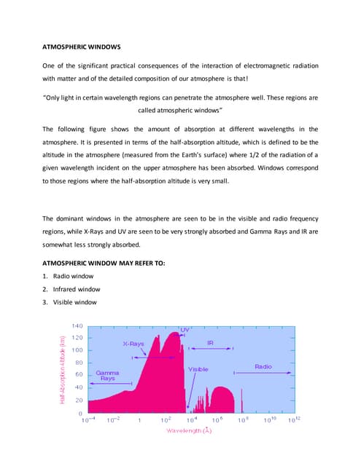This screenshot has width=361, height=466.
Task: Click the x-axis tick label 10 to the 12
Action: point(295,419)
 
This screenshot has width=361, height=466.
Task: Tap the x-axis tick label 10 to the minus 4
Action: point(88,420)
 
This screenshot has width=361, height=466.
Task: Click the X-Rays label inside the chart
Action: point(133,344)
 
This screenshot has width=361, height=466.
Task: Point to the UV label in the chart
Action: point(185,330)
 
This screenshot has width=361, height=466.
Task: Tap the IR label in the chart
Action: point(210,343)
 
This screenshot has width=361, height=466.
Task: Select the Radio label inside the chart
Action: point(263,366)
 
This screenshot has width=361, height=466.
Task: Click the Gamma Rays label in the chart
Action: point(107,375)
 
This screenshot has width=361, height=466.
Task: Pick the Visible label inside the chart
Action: point(198,369)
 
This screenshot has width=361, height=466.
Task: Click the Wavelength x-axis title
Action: point(189,431)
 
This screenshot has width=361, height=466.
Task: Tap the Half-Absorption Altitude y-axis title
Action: point(63,369)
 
